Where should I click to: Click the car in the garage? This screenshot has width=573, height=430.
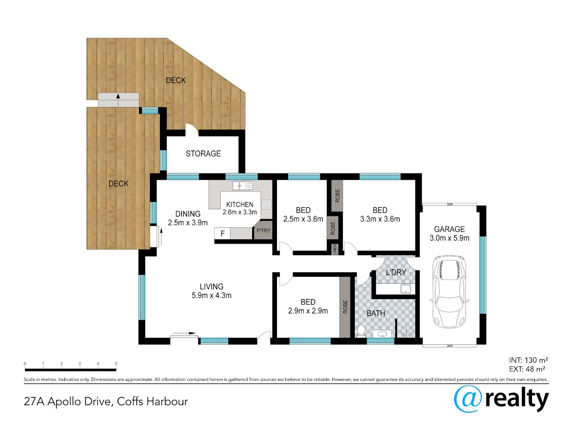[x=449, y=291]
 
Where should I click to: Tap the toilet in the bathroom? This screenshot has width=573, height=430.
[x=361, y=331]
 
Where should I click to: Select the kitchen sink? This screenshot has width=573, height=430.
[x=242, y=186]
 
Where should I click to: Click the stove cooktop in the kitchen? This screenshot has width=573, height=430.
[x=266, y=204]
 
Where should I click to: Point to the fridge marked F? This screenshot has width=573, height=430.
[x=223, y=233]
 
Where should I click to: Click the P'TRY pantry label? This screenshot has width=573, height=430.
[x=263, y=231]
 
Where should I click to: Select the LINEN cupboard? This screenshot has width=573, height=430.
[x=335, y=249]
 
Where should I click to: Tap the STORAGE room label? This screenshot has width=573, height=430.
[x=203, y=153]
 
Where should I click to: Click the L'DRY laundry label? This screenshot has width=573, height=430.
[x=396, y=272]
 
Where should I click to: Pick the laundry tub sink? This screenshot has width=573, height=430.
[x=406, y=289]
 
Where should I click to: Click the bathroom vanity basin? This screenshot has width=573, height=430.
[x=382, y=333]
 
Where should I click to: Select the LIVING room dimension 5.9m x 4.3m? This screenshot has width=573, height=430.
[x=212, y=295]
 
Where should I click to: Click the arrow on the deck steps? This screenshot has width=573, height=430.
[x=118, y=100]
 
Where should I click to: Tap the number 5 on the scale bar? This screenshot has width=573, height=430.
[x=116, y=364]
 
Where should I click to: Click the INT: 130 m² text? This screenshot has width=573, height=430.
[x=529, y=360]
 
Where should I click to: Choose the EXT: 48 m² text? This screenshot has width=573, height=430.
[x=527, y=369]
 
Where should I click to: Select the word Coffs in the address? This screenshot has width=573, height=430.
[x=130, y=401]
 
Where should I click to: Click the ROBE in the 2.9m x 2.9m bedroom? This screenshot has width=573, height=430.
[x=345, y=307]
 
